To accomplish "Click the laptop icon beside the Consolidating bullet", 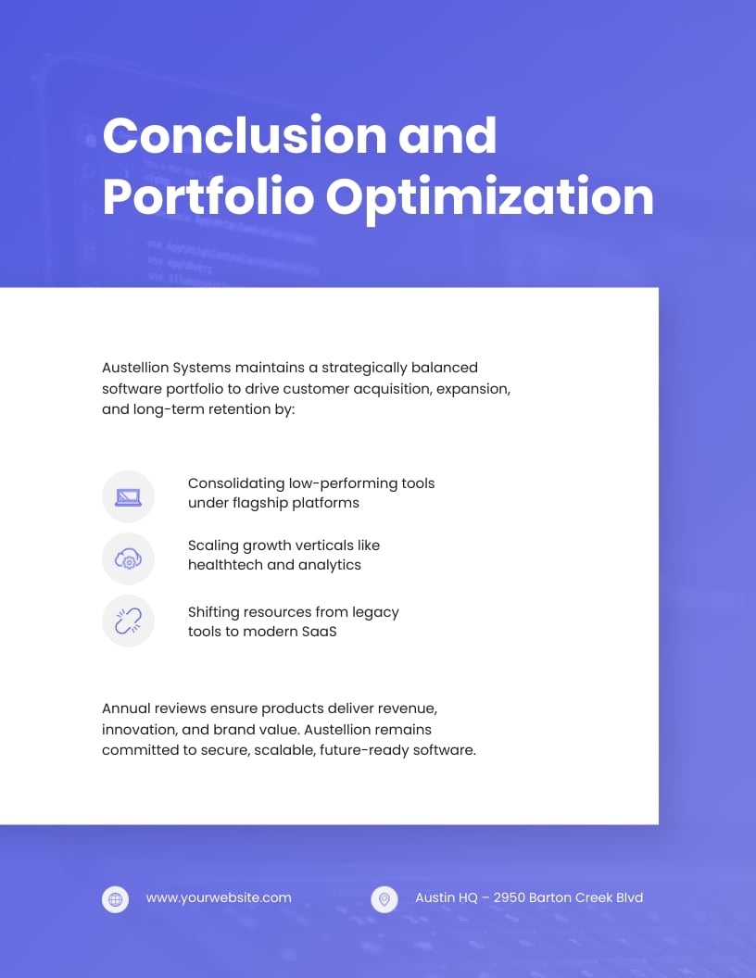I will pyautogui.click(x=128, y=496).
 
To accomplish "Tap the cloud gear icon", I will pyautogui.click(x=128, y=558).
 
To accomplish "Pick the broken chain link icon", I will pyautogui.click(x=128, y=621).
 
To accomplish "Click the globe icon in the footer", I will pyautogui.click(x=115, y=898).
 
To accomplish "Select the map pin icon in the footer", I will pyautogui.click(x=384, y=898).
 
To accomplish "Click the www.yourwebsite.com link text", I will pyautogui.click(x=219, y=897).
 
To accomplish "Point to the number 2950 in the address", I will pyautogui.click(x=510, y=897).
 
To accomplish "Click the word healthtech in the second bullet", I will pyautogui.click(x=225, y=565).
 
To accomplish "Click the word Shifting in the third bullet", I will pyautogui.click(x=214, y=612).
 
